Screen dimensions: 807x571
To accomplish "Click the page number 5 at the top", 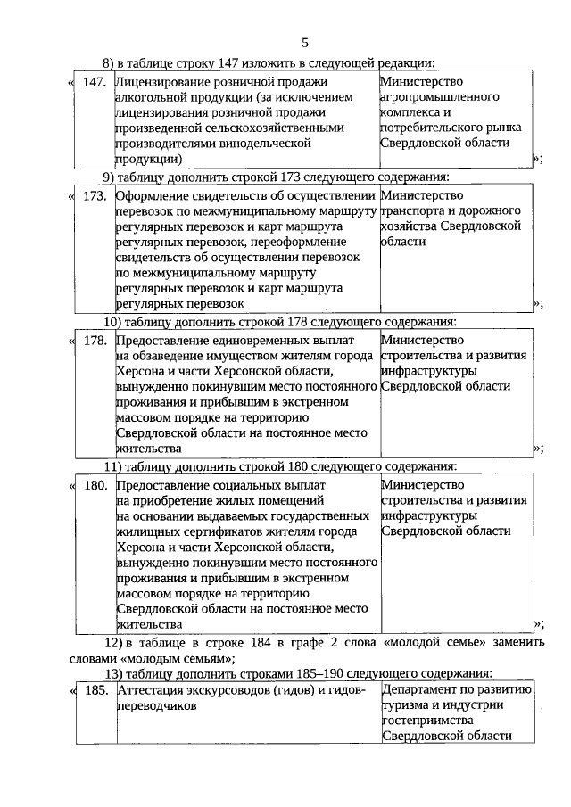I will (x=304, y=43).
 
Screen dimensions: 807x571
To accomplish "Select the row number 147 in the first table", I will (x=94, y=82).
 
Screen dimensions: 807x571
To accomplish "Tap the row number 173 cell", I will (x=94, y=195).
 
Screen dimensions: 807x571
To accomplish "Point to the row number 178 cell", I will (x=94, y=341).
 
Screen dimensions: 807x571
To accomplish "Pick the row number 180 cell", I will (x=94, y=485).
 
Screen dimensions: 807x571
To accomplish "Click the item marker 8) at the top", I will (x=109, y=62).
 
